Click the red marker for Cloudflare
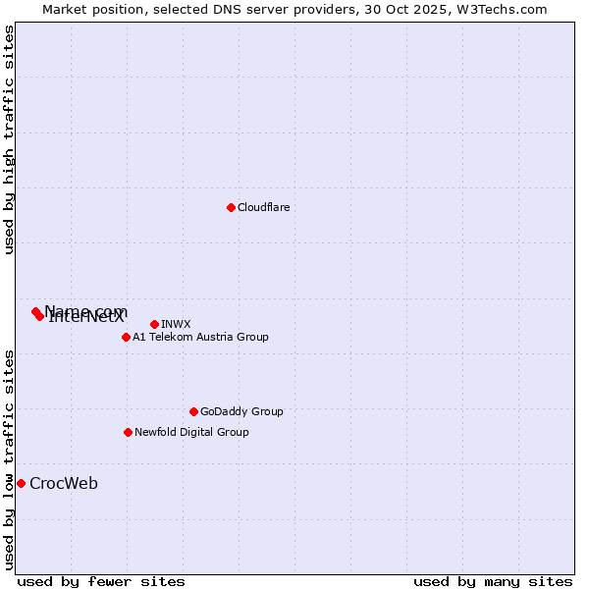coord(231,207)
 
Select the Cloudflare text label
coord(263,207)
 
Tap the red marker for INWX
coord(155,324)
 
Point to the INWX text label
coord(176,324)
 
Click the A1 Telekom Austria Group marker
coord(126,337)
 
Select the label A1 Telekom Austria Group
coord(200,337)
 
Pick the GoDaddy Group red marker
coord(193,411)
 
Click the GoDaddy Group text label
coord(241,411)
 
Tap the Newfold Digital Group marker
coord(128,432)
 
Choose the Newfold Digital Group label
coord(191,432)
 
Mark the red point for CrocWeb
coord(21,483)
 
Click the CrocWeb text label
coord(64,483)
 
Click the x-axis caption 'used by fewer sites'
coord(101,581)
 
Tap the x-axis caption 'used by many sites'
coord(493,581)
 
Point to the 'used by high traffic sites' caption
coord(10,139)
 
